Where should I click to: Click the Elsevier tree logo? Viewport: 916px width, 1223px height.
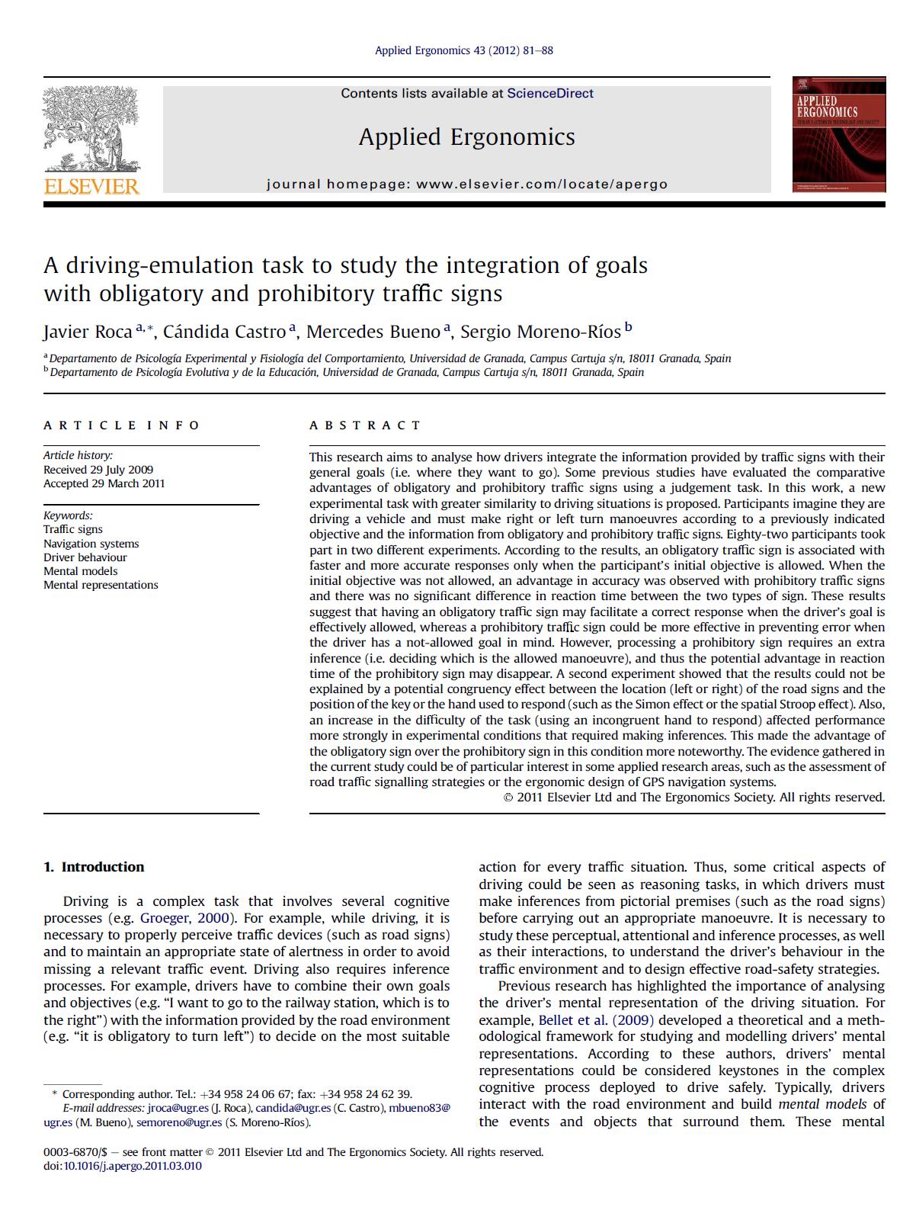[91, 128]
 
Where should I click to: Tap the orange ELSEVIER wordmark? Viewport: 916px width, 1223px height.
[91, 186]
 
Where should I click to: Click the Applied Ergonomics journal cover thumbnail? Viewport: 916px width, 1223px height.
[838, 134]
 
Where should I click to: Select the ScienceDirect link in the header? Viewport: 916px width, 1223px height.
[549, 94]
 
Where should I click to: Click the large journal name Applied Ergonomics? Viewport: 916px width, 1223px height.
[466, 137]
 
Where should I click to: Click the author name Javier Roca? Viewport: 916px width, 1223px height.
[88, 332]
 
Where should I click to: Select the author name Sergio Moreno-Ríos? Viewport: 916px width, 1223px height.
[540, 332]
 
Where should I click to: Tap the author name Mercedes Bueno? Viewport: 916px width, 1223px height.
[373, 332]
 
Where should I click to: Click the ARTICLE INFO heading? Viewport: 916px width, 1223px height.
[121, 425]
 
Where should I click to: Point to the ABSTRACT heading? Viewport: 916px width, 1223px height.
[364, 425]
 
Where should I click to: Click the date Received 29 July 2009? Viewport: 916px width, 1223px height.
[98, 470]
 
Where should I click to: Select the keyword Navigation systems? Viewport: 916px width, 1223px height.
[91, 544]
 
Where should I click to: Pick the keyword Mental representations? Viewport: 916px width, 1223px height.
[101, 585]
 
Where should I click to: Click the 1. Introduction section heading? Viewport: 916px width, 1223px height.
[94, 867]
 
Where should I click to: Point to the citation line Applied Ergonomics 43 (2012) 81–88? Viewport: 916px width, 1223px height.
[463, 51]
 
